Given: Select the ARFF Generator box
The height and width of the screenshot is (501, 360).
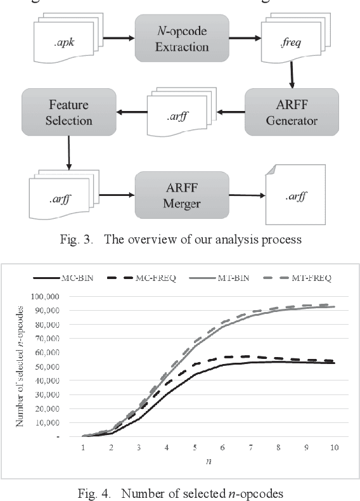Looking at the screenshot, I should (292, 112).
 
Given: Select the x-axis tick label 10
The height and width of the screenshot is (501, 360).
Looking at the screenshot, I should (334, 448).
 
